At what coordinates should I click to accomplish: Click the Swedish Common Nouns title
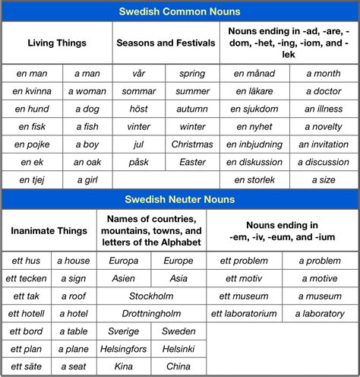point(180,11)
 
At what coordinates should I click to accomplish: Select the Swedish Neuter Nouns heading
point(180,199)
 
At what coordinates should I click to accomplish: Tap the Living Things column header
point(57,43)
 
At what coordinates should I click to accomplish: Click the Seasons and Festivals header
point(166,43)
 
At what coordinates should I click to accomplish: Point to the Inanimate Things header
point(48,230)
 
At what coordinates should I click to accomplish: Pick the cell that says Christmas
point(192,144)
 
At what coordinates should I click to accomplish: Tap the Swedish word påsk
point(139,162)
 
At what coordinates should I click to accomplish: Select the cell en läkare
point(254,91)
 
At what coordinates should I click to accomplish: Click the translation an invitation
point(324,144)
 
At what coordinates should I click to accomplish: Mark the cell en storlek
point(254,180)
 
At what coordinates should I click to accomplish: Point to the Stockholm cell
point(151,296)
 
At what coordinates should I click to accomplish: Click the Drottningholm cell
point(151,313)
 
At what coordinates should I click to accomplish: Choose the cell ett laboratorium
point(244,313)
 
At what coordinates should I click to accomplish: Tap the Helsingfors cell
point(124,349)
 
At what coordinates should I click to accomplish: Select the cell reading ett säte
point(27,366)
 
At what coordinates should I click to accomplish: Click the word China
point(178,366)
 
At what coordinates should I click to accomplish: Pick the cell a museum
point(320,296)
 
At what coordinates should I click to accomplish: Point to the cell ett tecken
point(27,278)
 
